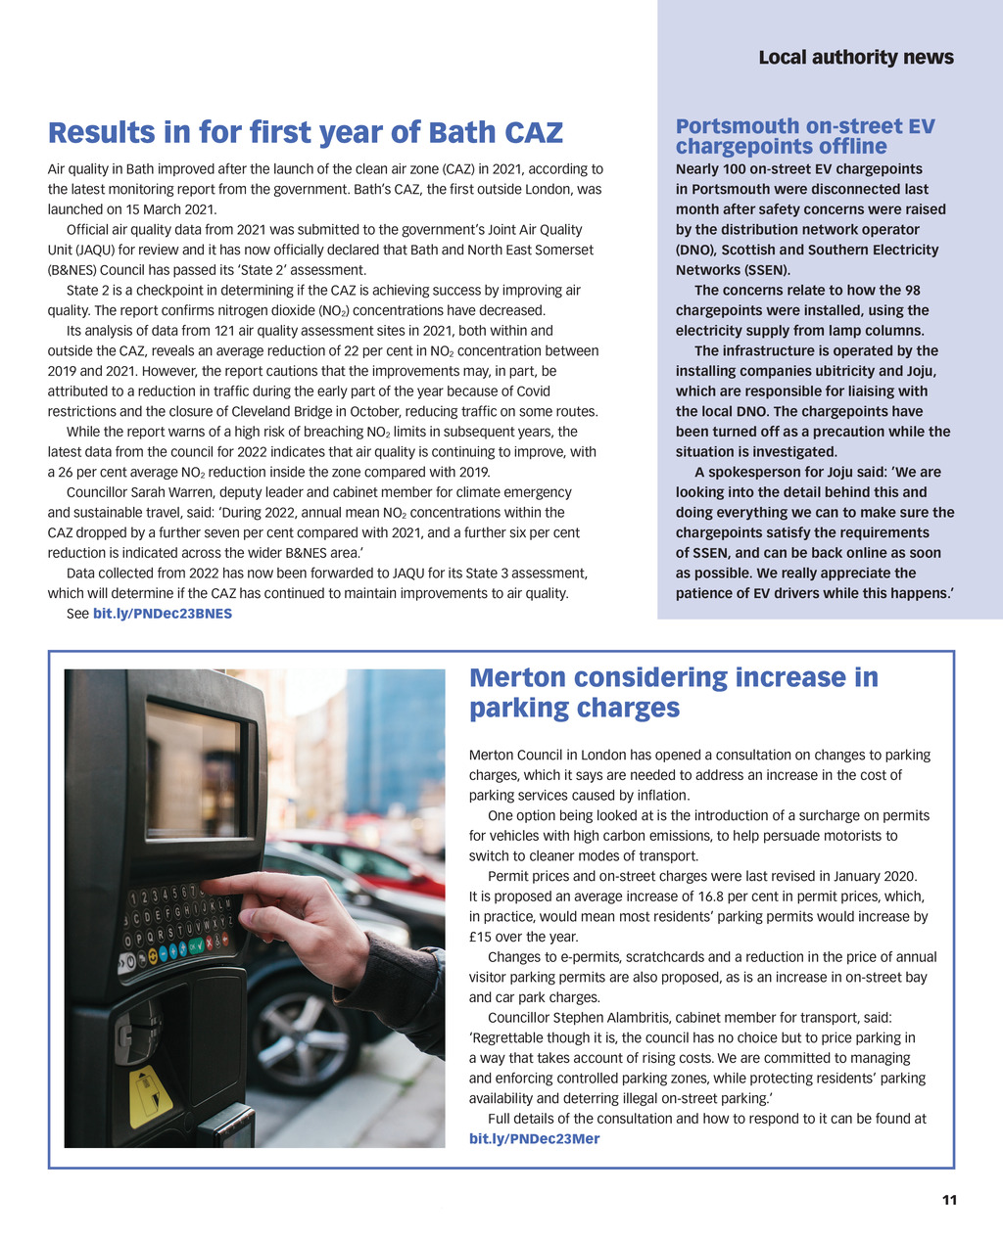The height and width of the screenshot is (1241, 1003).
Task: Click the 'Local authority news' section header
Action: click(x=855, y=58)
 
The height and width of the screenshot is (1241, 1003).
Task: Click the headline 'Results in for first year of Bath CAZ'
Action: click(x=306, y=132)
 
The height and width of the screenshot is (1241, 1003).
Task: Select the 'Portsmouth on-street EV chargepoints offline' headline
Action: click(x=804, y=136)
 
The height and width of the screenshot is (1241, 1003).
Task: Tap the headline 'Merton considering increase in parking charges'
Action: click(x=673, y=692)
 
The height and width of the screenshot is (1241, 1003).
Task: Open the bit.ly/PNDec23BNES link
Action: click(x=162, y=614)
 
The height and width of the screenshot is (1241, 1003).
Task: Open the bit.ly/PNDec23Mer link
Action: click(x=534, y=1138)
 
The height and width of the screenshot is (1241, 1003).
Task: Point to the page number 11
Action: click(x=948, y=1200)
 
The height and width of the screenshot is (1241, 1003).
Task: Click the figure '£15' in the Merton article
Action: click(x=483, y=937)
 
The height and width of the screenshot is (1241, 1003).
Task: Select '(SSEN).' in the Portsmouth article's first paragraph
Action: click(x=761, y=270)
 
